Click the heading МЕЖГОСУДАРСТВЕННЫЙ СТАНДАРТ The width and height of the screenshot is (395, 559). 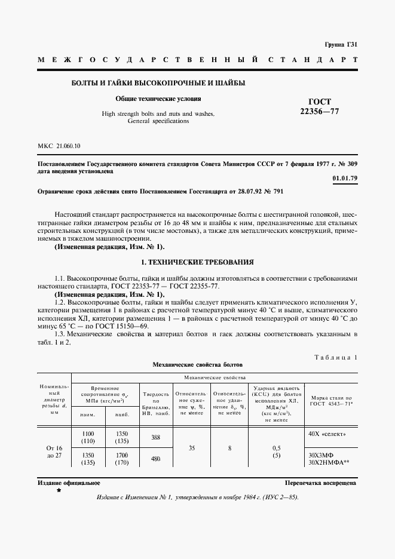pos(197,60)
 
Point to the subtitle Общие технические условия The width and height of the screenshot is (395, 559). pos(158,99)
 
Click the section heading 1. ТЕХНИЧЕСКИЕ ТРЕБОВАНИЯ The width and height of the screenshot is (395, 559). pos(197,262)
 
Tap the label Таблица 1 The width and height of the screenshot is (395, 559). pos(335,357)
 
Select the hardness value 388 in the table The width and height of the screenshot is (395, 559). pos(155,438)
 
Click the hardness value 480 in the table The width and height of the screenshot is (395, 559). pos(155,459)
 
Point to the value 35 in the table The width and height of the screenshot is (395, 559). pos(191,447)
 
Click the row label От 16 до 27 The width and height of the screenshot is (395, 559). pos(54,451)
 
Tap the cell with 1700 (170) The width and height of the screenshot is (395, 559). pos(121,457)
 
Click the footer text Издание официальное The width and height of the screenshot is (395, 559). pos(60,483)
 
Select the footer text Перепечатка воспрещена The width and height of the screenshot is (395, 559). pos(320,483)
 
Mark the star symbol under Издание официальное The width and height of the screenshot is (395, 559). pos(58,490)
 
